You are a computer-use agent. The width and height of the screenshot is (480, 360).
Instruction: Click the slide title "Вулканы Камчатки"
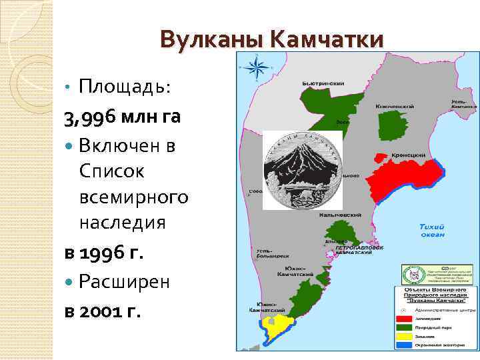(x=271, y=39)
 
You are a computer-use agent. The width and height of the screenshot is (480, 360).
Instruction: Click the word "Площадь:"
(x=125, y=87)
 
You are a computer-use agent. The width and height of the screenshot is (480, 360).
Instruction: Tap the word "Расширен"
(x=124, y=282)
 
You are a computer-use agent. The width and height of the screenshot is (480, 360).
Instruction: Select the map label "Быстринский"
(x=323, y=83)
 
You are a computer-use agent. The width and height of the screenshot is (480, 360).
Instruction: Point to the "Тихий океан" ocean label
(x=431, y=230)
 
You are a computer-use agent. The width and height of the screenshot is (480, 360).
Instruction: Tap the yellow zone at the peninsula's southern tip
(x=276, y=326)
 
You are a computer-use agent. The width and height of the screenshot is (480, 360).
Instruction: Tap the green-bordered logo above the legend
(x=413, y=274)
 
